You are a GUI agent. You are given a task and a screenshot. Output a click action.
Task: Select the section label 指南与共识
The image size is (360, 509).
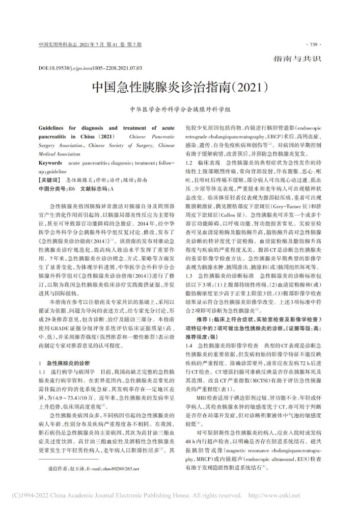[297, 58]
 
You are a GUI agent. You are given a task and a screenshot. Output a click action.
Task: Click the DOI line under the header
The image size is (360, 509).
[90, 67]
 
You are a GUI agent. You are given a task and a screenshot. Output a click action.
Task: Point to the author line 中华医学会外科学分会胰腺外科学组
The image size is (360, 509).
[180, 109]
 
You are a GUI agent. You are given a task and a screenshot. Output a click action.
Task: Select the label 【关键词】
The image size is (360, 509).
[50, 180]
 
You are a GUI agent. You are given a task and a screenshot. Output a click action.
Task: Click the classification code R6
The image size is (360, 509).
[71, 188]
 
